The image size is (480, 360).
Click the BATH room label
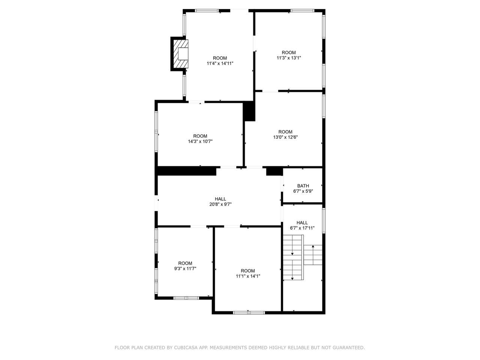coord(303,186)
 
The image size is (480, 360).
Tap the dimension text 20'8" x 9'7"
coord(220,204)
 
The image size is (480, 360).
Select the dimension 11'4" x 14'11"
coord(220,63)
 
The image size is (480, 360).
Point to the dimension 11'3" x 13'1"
coord(289,58)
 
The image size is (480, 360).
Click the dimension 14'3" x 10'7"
coord(200,141)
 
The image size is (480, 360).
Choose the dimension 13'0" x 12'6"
coord(285,137)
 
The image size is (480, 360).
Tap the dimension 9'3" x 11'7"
coord(185,268)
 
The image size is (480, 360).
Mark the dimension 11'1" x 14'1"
coord(248,276)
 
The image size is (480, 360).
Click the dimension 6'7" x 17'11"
coord(302,228)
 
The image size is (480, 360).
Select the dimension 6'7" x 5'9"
coord(303,191)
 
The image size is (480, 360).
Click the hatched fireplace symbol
coord(180,54)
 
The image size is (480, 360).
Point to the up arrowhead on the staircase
coord(313,246)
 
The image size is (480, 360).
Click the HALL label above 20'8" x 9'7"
coord(220,199)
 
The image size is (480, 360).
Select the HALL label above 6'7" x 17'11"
coord(302,222)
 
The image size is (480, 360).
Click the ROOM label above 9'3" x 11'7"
coord(185,263)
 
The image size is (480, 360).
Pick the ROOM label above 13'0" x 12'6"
coord(285,132)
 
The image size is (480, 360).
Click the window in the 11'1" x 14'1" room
coord(249,313)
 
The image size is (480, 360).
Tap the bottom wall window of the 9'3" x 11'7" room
coord(186,298)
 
